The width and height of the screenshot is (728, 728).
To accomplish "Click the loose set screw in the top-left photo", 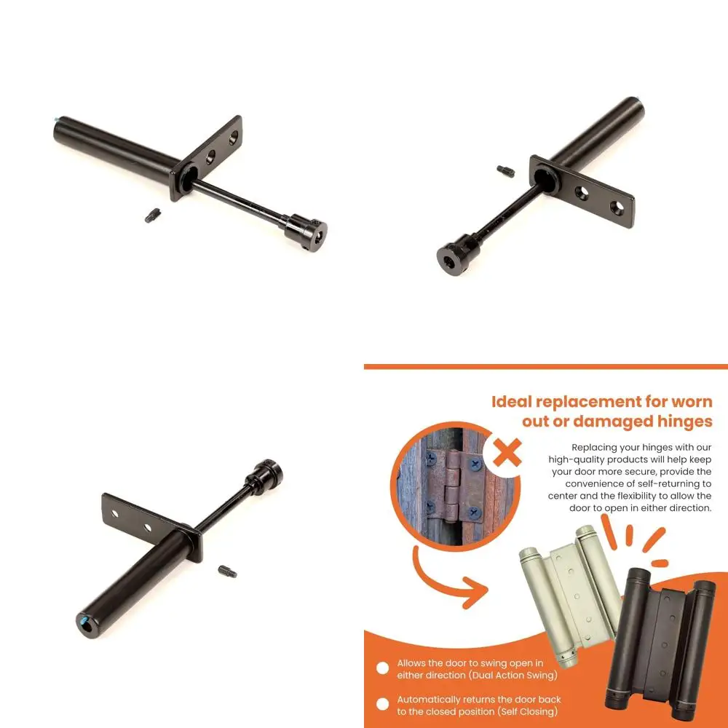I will [x=152, y=215].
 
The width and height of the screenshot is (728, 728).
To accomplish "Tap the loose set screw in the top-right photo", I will [x=506, y=172].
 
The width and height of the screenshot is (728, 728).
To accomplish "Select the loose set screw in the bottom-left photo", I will [x=227, y=571].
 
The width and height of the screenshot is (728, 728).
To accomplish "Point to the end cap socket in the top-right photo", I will [x=450, y=260].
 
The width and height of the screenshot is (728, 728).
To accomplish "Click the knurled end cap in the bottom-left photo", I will [x=266, y=477].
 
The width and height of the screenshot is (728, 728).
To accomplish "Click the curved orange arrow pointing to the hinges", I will [x=444, y=575].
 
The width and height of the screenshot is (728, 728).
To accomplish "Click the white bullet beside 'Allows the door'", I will [x=382, y=668].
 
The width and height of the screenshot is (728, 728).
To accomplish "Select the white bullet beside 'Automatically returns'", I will [x=382, y=705].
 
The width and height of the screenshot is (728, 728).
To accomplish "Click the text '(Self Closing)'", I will [x=523, y=711].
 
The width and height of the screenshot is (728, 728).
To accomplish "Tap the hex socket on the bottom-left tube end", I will [x=87, y=623].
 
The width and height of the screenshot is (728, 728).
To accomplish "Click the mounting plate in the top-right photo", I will [x=582, y=191].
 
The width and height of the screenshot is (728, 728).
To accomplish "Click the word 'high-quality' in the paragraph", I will [x=586, y=459].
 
